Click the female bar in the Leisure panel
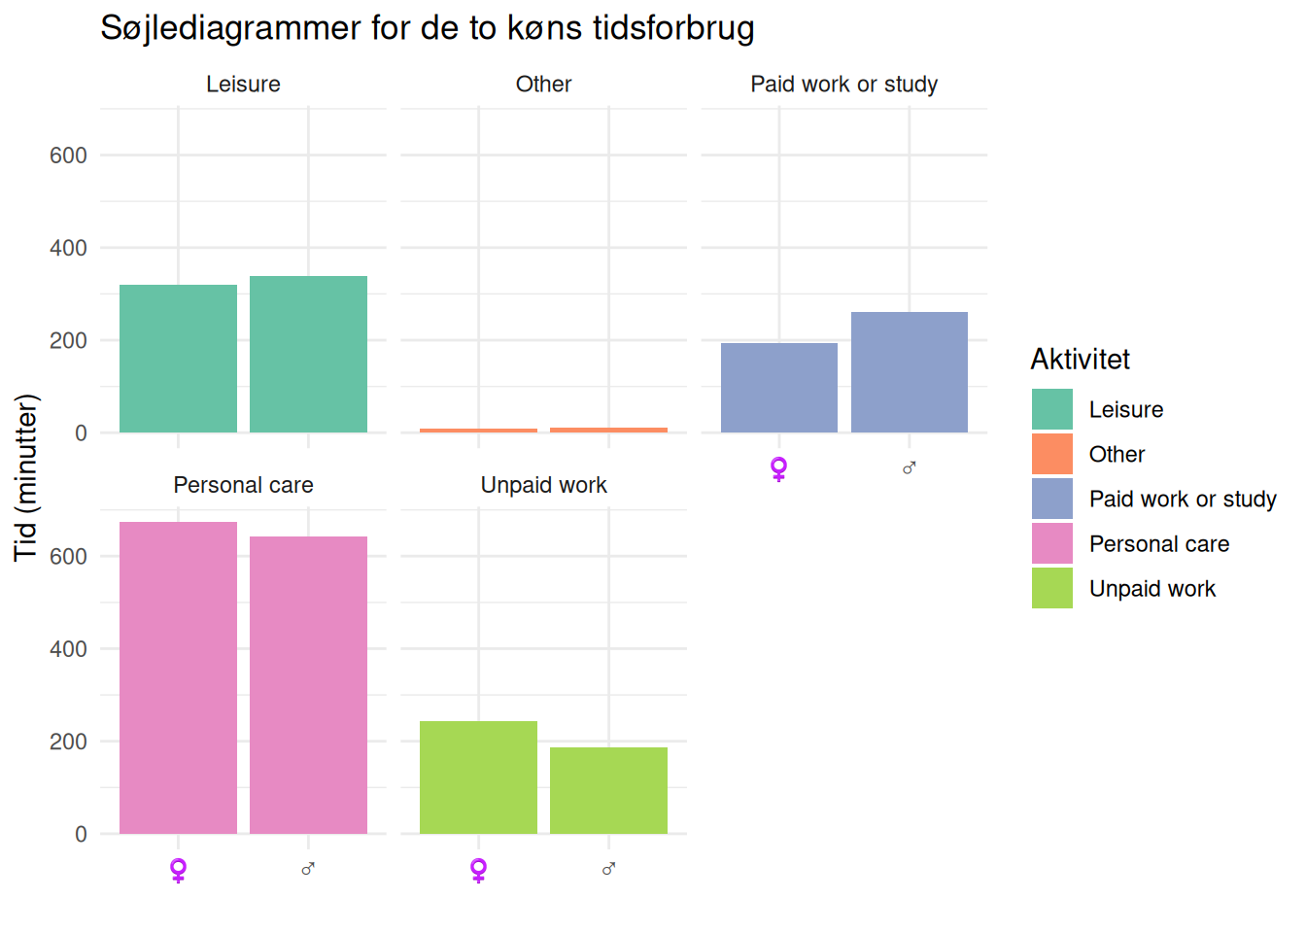click(178, 359)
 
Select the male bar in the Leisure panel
click(308, 355)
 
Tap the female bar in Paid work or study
click(778, 388)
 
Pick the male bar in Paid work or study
click(909, 372)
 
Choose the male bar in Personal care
click(308, 685)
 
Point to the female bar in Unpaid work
click(478, 777)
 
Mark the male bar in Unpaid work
click(608, 790)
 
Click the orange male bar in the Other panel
click(608, 430)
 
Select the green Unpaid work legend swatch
click(1052, 588)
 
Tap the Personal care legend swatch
click(1052, 543)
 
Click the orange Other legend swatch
click(1052, 454)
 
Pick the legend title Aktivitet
click(1080, 360)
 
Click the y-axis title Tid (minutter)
click(26, 477)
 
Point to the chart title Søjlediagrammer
click(428, 28)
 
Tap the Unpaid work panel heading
click(543, 485)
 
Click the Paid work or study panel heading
click(843, 85)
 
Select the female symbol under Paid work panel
click(778, 468)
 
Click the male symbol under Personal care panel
click(308, 869)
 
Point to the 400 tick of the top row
click(68, 248)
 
